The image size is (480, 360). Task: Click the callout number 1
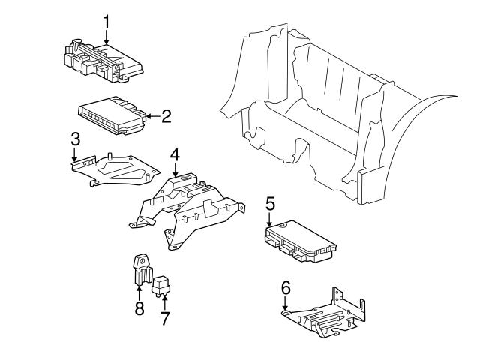point(106,21)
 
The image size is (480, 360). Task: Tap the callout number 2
point(166,115)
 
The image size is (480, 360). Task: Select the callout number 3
point(75,139)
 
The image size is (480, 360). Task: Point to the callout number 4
point(174,154)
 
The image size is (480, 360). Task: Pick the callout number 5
point(270,202)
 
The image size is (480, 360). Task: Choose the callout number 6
point(285,287)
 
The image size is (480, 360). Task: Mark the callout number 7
point(164,317)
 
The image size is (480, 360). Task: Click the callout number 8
point(139,310)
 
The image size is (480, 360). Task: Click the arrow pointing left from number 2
point(152,115)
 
